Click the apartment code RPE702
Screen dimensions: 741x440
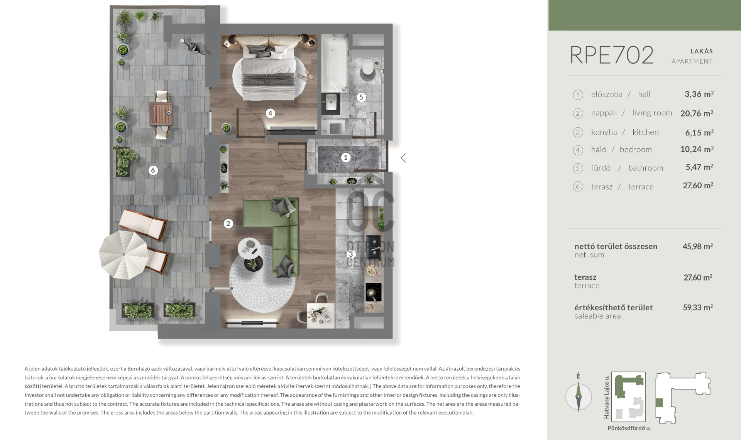pos(612,55)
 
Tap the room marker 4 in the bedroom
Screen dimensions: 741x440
pos(270,113)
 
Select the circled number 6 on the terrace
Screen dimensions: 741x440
pos(153,170)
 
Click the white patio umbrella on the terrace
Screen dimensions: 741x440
pos(123,255)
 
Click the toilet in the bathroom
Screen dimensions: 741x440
pos(367,67)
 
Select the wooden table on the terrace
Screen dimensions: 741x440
pos(161,113)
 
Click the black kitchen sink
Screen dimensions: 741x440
pos(373,247)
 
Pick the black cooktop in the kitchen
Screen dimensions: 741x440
pos(373,293)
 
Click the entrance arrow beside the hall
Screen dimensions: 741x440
pos(403,158)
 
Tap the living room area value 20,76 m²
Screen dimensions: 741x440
pos(697,113)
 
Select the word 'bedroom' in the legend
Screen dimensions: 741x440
pos(636,150)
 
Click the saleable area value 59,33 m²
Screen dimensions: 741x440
pos(698,308)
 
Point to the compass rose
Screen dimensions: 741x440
pos(579,396)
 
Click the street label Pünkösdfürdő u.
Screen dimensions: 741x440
pos(629,428)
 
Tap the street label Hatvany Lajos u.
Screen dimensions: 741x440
pos(606,397)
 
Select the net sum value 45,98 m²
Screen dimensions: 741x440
pos(697,246)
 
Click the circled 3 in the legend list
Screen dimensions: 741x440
pos(578,132)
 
